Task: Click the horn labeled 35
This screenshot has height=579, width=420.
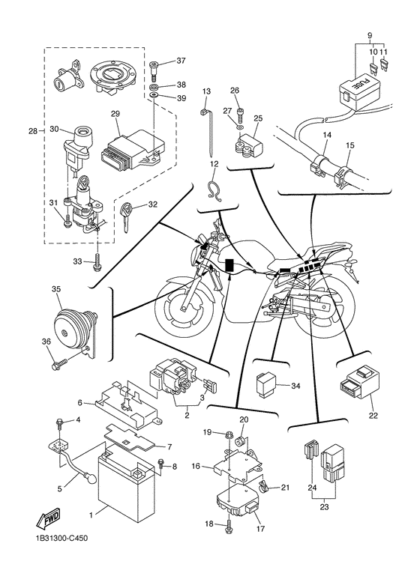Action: click(76, 331)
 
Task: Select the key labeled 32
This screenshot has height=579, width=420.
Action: click(125, 217)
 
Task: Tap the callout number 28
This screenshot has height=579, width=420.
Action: click(33, 131)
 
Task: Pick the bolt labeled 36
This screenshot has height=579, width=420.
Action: click(59, 363)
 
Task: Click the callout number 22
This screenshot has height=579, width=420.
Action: click(373, 416)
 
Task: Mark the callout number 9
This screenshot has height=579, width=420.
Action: click(370, 36)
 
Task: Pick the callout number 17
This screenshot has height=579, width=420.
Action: click(261, 529)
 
